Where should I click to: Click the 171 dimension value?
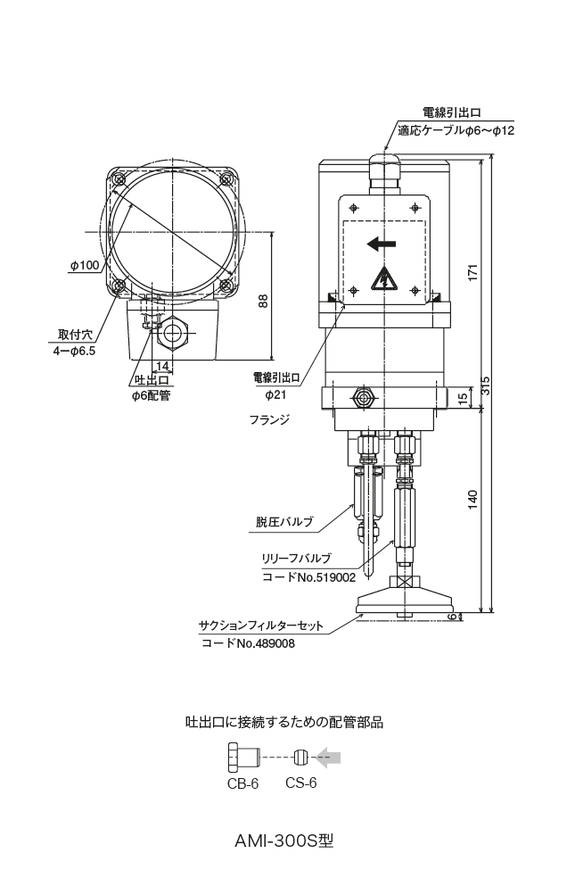[x=473, y=271]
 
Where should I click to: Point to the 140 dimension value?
[x=473, y=500]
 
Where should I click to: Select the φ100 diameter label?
[x=85, y=265]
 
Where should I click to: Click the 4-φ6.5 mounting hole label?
[x=74, y=352]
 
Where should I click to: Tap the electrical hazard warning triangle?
[x=383, y=279]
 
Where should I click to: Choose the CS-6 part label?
[x=300, y=784]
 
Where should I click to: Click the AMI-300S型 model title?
[x=284, y=841]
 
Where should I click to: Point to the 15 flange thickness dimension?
[x=463, y=397]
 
